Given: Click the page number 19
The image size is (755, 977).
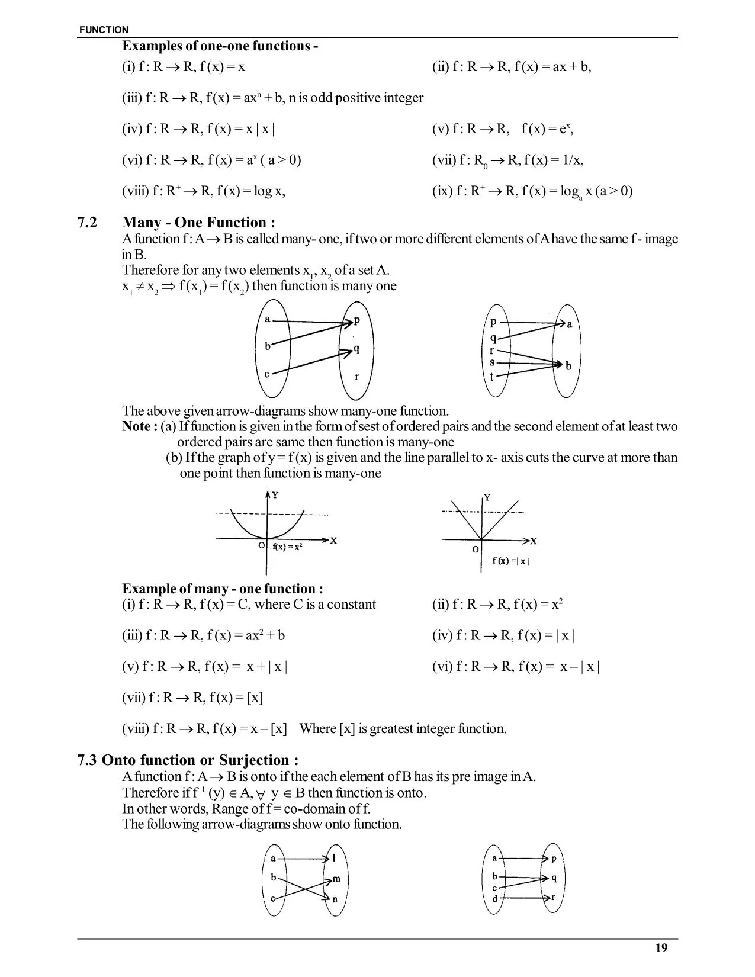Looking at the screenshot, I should pos(661,948).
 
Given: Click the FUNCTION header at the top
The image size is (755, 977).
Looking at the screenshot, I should pos(104,30).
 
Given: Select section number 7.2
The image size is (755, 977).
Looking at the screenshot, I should pos(87,223).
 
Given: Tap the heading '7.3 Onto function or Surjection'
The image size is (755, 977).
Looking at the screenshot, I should pos(188,760).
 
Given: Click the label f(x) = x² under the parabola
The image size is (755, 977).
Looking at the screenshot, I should pos(287,547).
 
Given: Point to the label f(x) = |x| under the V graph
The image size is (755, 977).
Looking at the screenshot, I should pos(511,561).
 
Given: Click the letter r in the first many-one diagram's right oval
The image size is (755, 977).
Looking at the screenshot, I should pos(356,377).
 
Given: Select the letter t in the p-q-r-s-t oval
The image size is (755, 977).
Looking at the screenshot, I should pos(491,377).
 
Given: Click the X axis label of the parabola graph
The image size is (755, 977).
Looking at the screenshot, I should pos(333,541).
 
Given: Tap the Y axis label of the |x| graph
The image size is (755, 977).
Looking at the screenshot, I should pos(487,497).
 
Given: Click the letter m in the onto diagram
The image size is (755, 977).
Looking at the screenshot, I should pos(336,879).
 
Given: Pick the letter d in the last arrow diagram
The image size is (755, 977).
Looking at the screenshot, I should pos(495,899).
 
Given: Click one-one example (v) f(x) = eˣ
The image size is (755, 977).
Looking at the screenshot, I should pos(502,129).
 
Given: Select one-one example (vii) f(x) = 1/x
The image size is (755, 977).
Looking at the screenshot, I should pos(507,160).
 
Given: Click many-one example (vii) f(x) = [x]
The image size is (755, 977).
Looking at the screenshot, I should pos(192,698).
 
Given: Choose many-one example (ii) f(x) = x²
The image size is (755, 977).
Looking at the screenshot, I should pos(497,605).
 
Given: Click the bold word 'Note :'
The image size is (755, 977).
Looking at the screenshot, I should pos(140,426).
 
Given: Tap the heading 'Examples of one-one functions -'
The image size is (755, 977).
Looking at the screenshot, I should pos(220,46).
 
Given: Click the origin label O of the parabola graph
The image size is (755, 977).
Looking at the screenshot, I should pos(261,545).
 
